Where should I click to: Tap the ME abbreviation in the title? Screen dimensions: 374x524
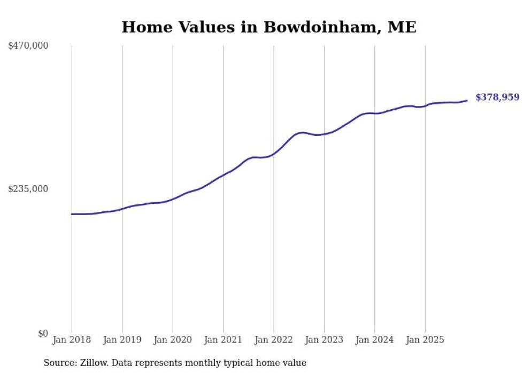coord(402,27)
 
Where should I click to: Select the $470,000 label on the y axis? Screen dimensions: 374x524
coord(28,46)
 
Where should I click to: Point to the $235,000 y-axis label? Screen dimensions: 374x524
coord(28,189)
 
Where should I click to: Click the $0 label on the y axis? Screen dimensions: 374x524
coord(43,333)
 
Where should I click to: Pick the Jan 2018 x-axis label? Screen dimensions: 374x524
coord(72,340)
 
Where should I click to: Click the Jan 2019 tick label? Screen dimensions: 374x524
coord(122,340)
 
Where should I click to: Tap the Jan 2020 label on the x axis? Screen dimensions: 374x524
coord(172,340)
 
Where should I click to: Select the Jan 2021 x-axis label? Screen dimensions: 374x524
coord(223,340)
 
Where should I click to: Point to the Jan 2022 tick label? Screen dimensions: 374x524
coord(273,340)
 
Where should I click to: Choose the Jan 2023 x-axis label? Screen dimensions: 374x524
coord(324,340)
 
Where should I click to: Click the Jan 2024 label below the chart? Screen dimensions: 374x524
coord(374,340)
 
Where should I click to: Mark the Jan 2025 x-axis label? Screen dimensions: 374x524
coord(425,340)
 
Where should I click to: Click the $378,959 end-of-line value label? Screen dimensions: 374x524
coord(497,97)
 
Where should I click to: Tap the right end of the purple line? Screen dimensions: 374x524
coord(467,100)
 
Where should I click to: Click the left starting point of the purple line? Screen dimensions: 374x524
coord(72,214)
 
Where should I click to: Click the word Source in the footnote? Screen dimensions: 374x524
coord(58,363)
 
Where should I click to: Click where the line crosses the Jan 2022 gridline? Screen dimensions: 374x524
coord(274,154)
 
